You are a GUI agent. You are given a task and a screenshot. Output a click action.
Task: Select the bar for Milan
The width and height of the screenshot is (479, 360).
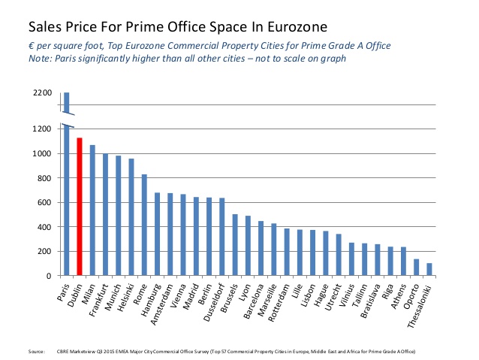[x=92, y=210]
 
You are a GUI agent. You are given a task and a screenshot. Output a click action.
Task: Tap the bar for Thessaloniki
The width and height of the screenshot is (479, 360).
[x=429, y=269]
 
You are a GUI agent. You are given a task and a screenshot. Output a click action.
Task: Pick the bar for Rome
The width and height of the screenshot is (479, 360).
[x=143, y=225]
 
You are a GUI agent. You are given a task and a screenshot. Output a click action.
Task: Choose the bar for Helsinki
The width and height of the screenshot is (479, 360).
[x=131, y=217]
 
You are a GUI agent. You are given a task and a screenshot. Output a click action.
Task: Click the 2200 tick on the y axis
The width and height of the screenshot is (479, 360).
[x=43, y=93]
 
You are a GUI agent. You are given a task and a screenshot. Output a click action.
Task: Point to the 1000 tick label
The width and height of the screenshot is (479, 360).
[x=43, y=153]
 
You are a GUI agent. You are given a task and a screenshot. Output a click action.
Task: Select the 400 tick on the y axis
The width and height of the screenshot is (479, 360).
[x=45, y=227]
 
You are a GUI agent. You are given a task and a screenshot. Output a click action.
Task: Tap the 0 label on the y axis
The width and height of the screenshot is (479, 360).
[x=50, y=276]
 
